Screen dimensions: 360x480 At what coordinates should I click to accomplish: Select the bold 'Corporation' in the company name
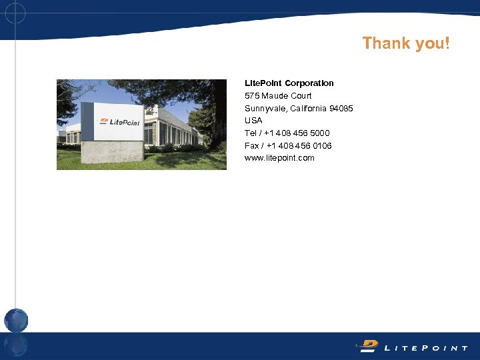(309, 83)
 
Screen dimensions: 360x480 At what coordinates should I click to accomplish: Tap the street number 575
(252, 96)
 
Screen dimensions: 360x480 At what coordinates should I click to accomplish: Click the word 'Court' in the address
(301, 96)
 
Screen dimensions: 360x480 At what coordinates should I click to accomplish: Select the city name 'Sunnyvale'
(263, 109)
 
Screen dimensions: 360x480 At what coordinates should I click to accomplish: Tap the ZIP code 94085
(341, 109)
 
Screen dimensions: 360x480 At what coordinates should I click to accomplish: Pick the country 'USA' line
(253, 121)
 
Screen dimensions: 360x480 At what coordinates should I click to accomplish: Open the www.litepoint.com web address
(279, 158)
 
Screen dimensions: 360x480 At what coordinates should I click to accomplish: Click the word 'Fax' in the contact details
(252, 146)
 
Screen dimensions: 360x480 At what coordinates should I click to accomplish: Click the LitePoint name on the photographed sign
(125, 122)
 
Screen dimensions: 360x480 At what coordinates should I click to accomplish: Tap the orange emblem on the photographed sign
(103, 121)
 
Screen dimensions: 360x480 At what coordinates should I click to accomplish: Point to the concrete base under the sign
(113, 152)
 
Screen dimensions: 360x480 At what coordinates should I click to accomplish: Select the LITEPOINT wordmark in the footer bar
(427, 348)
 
